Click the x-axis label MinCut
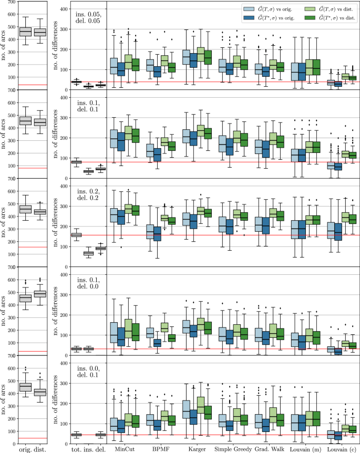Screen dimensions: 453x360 coord(125,448)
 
